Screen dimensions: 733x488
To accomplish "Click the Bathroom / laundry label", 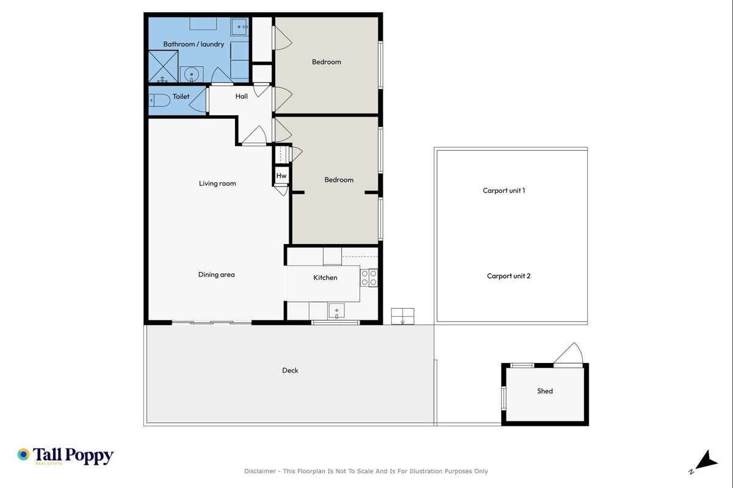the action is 193,44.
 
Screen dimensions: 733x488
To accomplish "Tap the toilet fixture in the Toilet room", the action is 159,101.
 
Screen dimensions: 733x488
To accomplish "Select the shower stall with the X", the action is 164,66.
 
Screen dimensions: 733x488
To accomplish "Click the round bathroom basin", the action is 192,74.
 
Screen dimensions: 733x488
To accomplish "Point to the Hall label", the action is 242,96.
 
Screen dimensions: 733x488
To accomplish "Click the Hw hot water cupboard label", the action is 281,176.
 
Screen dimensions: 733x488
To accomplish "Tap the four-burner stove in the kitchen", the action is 369,278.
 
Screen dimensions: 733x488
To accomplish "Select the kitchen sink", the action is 336,310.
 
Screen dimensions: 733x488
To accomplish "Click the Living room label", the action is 217,184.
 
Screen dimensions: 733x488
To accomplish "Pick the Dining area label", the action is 216,274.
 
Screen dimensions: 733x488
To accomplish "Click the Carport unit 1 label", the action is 504,191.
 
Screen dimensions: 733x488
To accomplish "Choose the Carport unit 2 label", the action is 508,276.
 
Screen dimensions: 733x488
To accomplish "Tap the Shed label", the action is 545,391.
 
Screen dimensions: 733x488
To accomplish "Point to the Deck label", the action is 291,370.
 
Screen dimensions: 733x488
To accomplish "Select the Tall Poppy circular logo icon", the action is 24,454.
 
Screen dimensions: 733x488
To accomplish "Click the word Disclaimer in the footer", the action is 260,472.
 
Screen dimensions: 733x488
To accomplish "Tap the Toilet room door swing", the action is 198,101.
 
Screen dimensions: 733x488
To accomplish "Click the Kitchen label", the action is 325,278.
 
